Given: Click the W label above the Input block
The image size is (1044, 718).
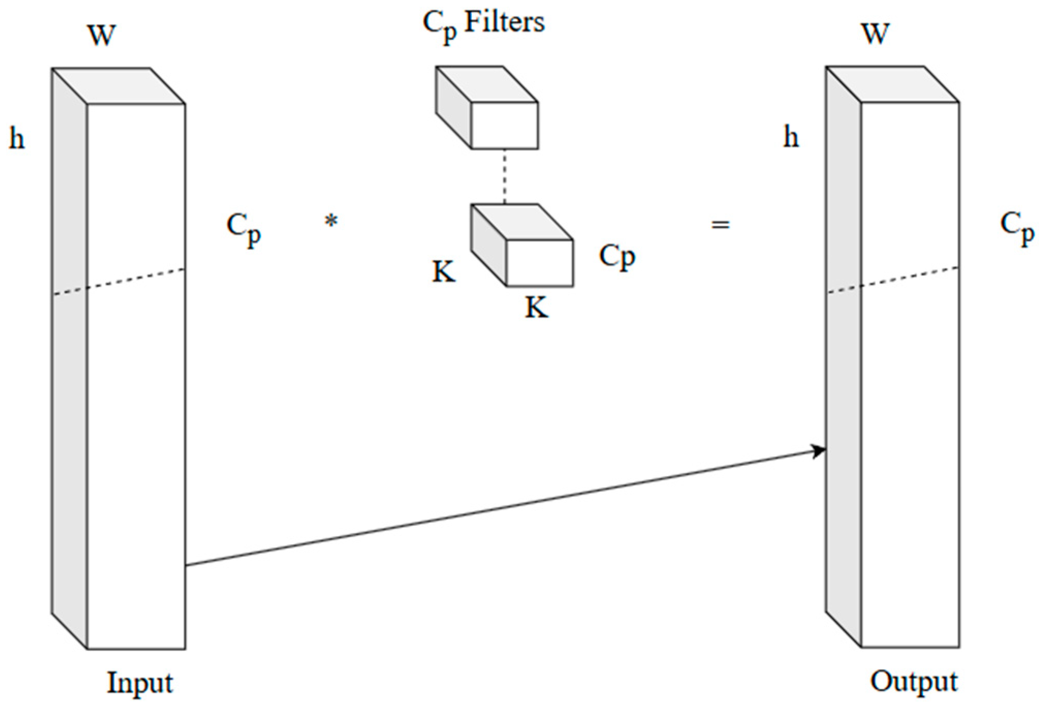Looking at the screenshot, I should tap(102, 36).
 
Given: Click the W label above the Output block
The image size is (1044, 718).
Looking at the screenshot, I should tap(875, 34).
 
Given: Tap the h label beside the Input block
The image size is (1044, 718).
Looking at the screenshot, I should tap(17, 138).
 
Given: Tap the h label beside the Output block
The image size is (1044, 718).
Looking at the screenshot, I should tap(791, 137).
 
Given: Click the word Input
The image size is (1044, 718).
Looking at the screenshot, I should tap(139, 682).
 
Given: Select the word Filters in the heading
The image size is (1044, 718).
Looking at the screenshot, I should tap(504, 22).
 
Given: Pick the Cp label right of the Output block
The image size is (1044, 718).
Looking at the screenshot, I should tap(1017, 227).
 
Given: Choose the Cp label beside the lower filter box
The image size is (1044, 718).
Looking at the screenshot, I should tap(616, 256).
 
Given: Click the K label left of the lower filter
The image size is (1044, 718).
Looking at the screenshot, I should tap(444, 271).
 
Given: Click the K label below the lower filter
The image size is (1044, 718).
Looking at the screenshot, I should tap(536, 308).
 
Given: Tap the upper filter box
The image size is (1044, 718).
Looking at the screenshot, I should tap(504, 125).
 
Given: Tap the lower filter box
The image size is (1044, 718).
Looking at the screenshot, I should tap(539, 262).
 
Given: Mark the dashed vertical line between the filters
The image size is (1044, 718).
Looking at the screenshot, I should tap(504, 176).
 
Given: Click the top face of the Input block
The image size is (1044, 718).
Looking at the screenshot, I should tap(119, 86).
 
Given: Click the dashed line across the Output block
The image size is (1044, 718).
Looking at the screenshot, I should tap(893, 280).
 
